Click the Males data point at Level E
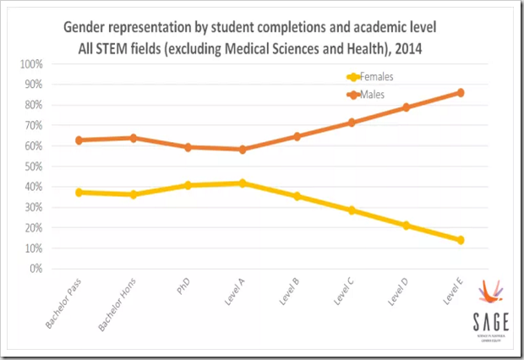coord(461,92)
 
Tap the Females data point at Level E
coord(461,240)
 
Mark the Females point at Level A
coord(242,183)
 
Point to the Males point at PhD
coord(188,147)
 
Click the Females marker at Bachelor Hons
coord(133,194)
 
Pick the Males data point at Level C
coord(352,123)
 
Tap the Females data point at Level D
coord(407,226)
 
